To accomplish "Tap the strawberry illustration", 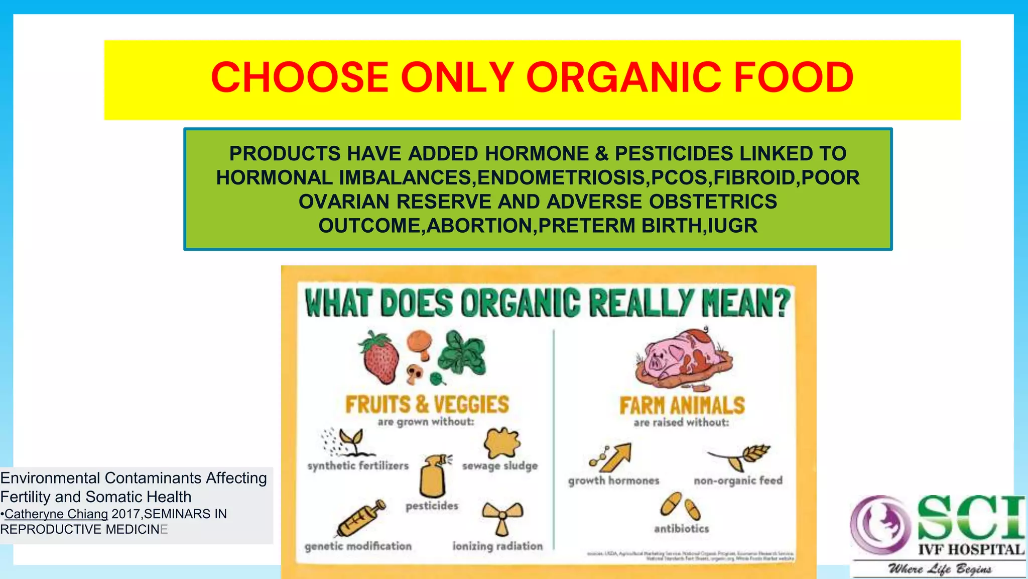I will coord(379,358).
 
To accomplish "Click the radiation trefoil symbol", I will coord(502,518).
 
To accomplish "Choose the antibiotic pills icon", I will coord(681,506).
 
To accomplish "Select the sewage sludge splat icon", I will coord(501,443).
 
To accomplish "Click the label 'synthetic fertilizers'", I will coord(358,466).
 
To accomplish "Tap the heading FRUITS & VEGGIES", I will coord(427,405).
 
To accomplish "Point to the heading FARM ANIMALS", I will coord(682,406).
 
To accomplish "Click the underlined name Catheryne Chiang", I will coord(56,514).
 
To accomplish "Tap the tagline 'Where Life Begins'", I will coord(939,569).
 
